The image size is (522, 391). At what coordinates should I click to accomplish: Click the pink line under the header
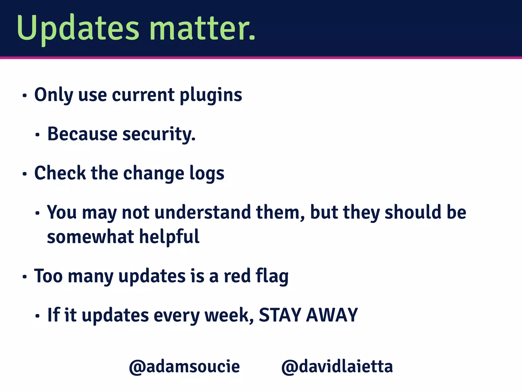pos(261,58)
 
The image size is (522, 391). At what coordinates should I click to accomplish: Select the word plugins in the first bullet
pos(211,95)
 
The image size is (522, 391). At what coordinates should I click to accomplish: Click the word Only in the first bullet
pos(54,95)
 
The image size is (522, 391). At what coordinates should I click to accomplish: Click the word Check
pos(60,173)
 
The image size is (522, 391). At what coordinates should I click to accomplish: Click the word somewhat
pos(90,237)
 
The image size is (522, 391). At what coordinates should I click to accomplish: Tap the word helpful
pos(169,237)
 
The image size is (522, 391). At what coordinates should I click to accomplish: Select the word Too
pos(48,276)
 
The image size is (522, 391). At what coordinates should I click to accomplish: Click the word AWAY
pos(332,315)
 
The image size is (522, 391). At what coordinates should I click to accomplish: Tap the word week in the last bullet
pos(228,315)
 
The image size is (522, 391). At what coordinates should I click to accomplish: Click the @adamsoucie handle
pos(184,367)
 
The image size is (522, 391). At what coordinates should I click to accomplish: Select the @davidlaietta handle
pos(337,367)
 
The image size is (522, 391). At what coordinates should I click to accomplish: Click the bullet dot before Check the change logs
pos(24,174)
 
